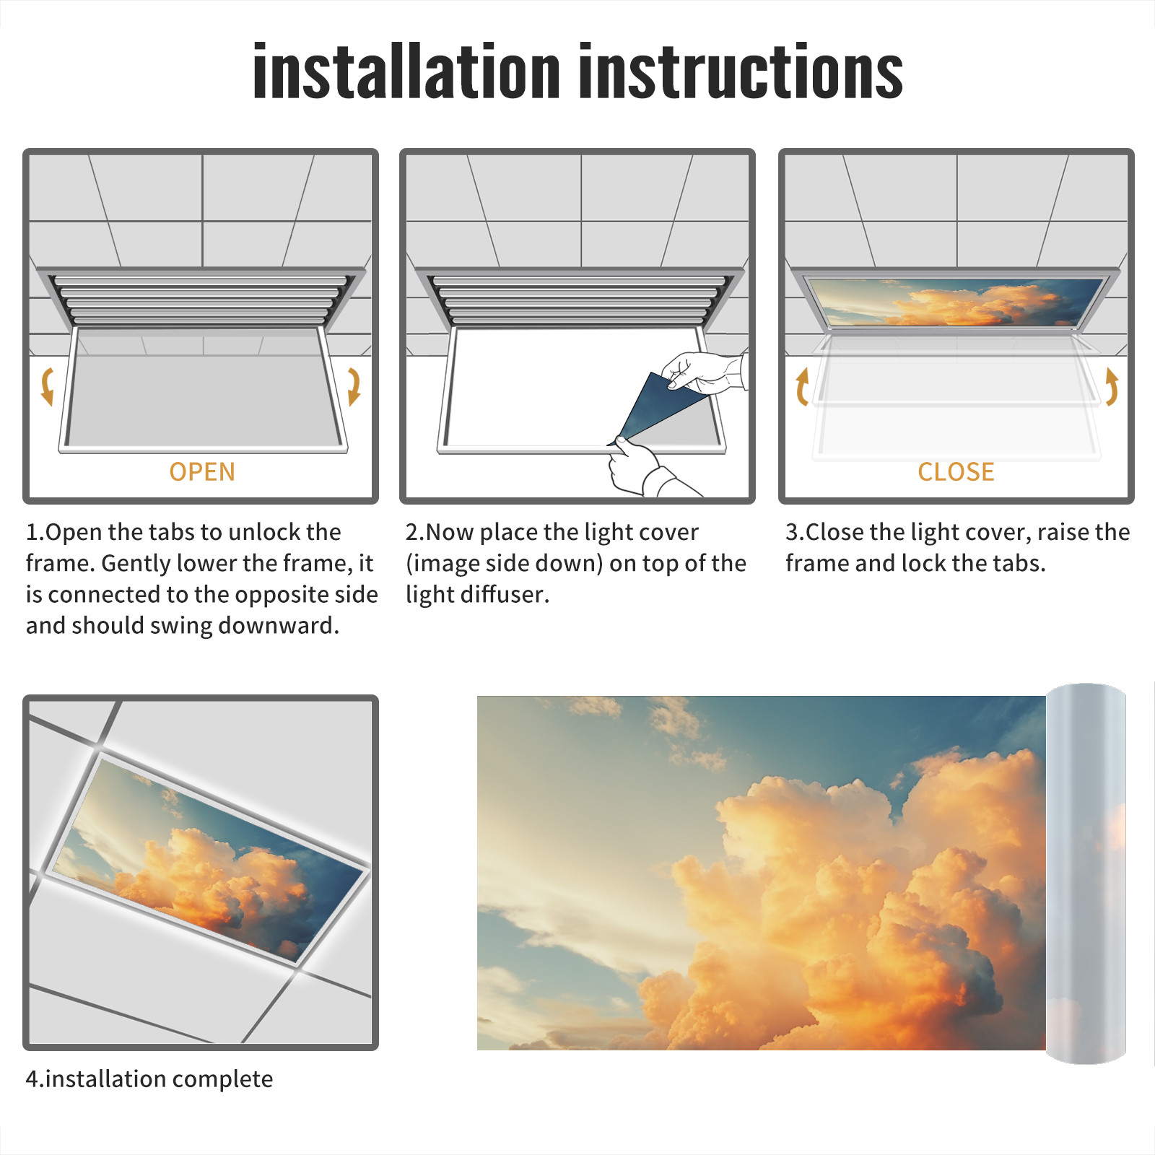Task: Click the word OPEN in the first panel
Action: [202, 471]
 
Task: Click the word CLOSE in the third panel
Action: [956, 471]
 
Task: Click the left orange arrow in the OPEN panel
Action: [47, 386]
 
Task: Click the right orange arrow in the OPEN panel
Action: [354, 386]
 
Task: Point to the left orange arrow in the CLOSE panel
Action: [801, 386]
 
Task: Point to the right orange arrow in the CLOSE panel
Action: [1112, 386]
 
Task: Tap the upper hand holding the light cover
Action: [704, 372]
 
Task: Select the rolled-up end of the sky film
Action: [1086, 873]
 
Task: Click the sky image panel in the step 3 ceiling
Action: [956, 302]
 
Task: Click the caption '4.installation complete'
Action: [149, 1078]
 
